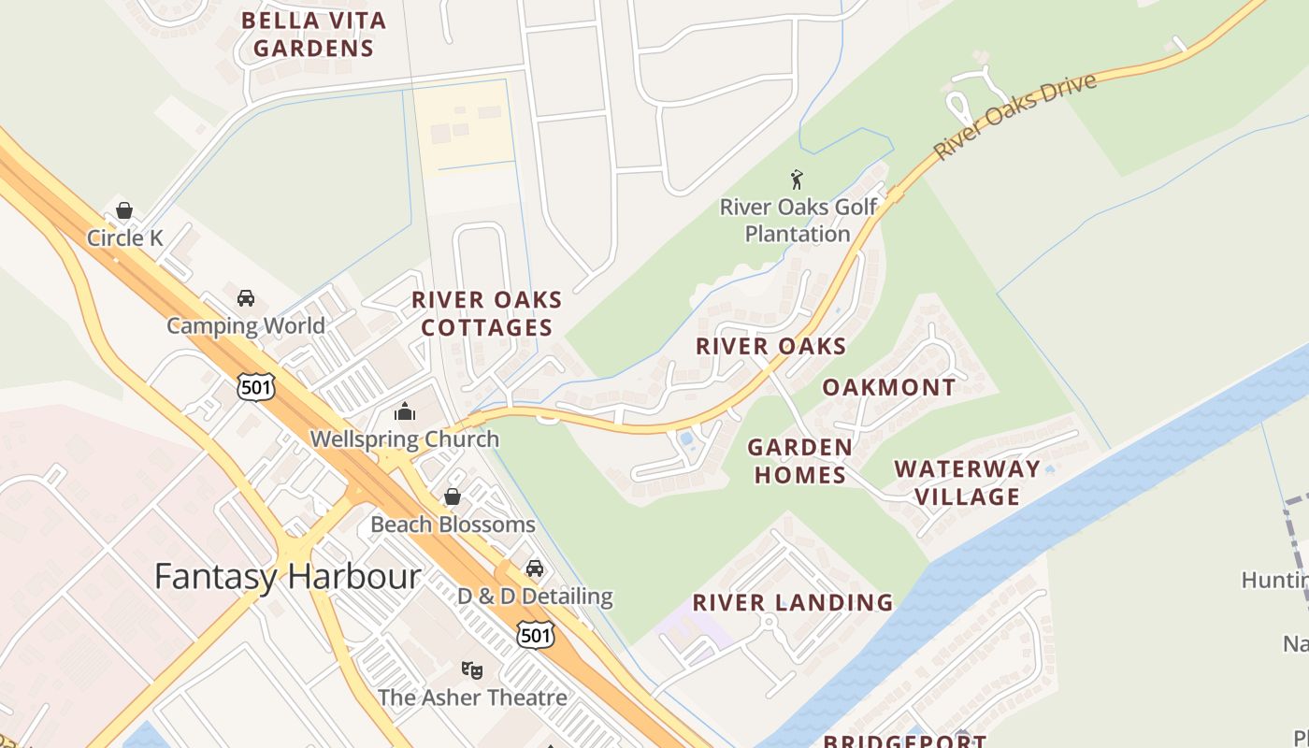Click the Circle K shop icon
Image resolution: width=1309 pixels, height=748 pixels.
click(x=123, y=210)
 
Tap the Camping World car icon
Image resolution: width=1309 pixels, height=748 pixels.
click(x=246, y=298)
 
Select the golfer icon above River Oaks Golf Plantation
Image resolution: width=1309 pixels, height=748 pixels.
click(x=797, y=180)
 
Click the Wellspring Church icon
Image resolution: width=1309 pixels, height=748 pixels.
click(x=405, y=411)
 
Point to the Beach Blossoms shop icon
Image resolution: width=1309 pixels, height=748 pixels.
click(x=453, y=496)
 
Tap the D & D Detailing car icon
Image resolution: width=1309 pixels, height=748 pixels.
click(x=535, y=568)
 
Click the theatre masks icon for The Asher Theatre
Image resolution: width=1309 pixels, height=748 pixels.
click(x=472, y=669)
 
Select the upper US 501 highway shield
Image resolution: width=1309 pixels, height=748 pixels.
click(x=255, y=386)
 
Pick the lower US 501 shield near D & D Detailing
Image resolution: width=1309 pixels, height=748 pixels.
click(x=535, y=635)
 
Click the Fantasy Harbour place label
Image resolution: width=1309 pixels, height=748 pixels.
click(x=287, y=576)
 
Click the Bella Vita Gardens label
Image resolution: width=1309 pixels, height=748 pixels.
click(x=313, y=35)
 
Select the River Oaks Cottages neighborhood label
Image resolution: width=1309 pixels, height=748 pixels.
click(x=487, y=313)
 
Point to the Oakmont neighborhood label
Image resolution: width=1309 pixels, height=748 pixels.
click(x=889, y=387)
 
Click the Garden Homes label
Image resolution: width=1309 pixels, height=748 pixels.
click(x=800, y=461)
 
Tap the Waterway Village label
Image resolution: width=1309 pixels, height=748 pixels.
click(x=968, y=482)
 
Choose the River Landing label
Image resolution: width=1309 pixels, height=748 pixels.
click(x=793, y=603)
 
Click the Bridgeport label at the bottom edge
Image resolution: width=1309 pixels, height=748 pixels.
click(x=904, y=741)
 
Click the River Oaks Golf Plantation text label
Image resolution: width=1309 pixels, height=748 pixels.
click(x=798, y=220)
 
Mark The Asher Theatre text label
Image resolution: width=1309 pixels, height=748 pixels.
click(x=472, y=698)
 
